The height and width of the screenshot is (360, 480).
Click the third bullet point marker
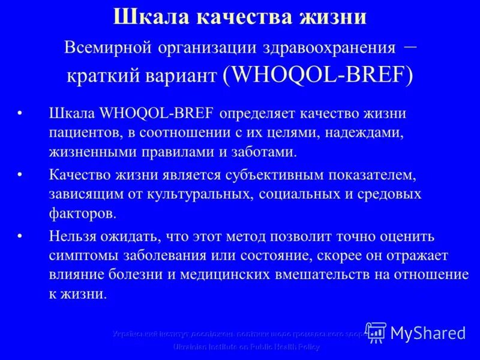click(22, 236)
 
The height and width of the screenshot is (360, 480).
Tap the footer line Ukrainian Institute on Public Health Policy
click(247, 347)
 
